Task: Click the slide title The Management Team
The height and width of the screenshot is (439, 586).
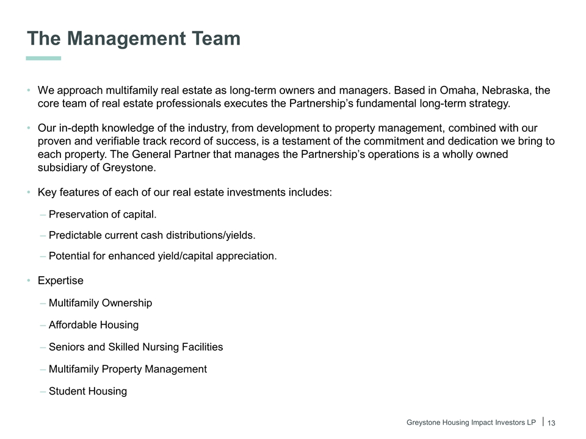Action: (134, 39)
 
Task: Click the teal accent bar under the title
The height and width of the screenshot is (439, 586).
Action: (43, 59)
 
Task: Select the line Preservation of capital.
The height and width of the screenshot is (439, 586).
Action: (103, 215)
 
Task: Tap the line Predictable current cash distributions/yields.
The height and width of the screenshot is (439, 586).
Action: (152, 235)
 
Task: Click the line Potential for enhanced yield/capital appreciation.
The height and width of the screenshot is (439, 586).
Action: (162, 256)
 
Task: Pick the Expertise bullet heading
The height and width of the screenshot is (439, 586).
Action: (60, 281)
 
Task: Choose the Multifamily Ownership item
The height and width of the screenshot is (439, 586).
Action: (100, 303)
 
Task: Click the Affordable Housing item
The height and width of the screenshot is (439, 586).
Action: (93, 325)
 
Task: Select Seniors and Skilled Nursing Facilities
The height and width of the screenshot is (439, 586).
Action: (136, 347)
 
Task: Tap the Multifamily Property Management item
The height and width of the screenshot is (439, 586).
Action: (128, 369)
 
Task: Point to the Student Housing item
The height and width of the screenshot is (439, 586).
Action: (88, 391)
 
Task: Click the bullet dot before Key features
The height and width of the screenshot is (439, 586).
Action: (29, 193)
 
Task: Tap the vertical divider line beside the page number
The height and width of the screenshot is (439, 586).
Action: (543, 422)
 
